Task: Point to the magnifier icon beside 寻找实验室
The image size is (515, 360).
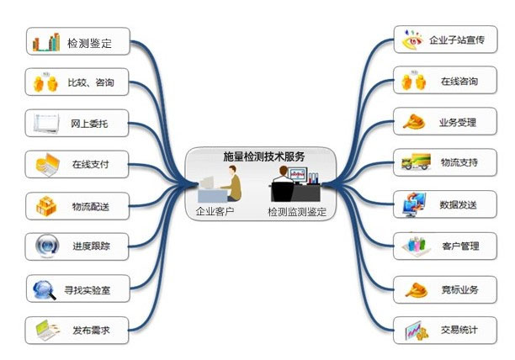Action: (43, 290)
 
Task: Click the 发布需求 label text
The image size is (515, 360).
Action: (90, 331)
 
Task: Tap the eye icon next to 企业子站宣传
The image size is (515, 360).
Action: (412, 40)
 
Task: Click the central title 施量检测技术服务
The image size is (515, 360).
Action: (263, 156)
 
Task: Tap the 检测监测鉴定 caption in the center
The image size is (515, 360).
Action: (296, 212)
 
